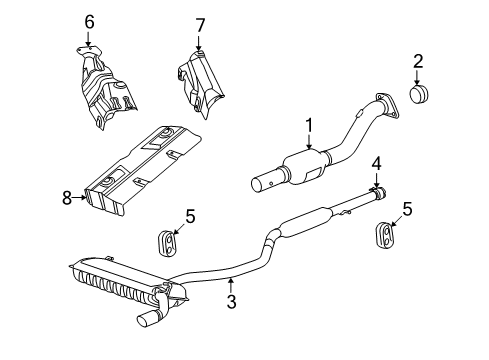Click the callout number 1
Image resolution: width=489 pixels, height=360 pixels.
tap(309, 125)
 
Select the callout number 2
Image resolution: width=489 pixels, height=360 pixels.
tap(419, 62)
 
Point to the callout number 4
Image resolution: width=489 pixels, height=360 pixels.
tap(376, 162)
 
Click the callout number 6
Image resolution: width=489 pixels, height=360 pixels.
tap(89, 22)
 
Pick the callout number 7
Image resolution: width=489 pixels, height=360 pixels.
tap(199, 24)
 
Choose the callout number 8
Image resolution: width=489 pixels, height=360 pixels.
tap(68, 198)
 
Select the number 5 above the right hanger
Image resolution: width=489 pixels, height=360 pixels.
tap(406, 209)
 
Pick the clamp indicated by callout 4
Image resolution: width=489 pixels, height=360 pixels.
tap(378, 191)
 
